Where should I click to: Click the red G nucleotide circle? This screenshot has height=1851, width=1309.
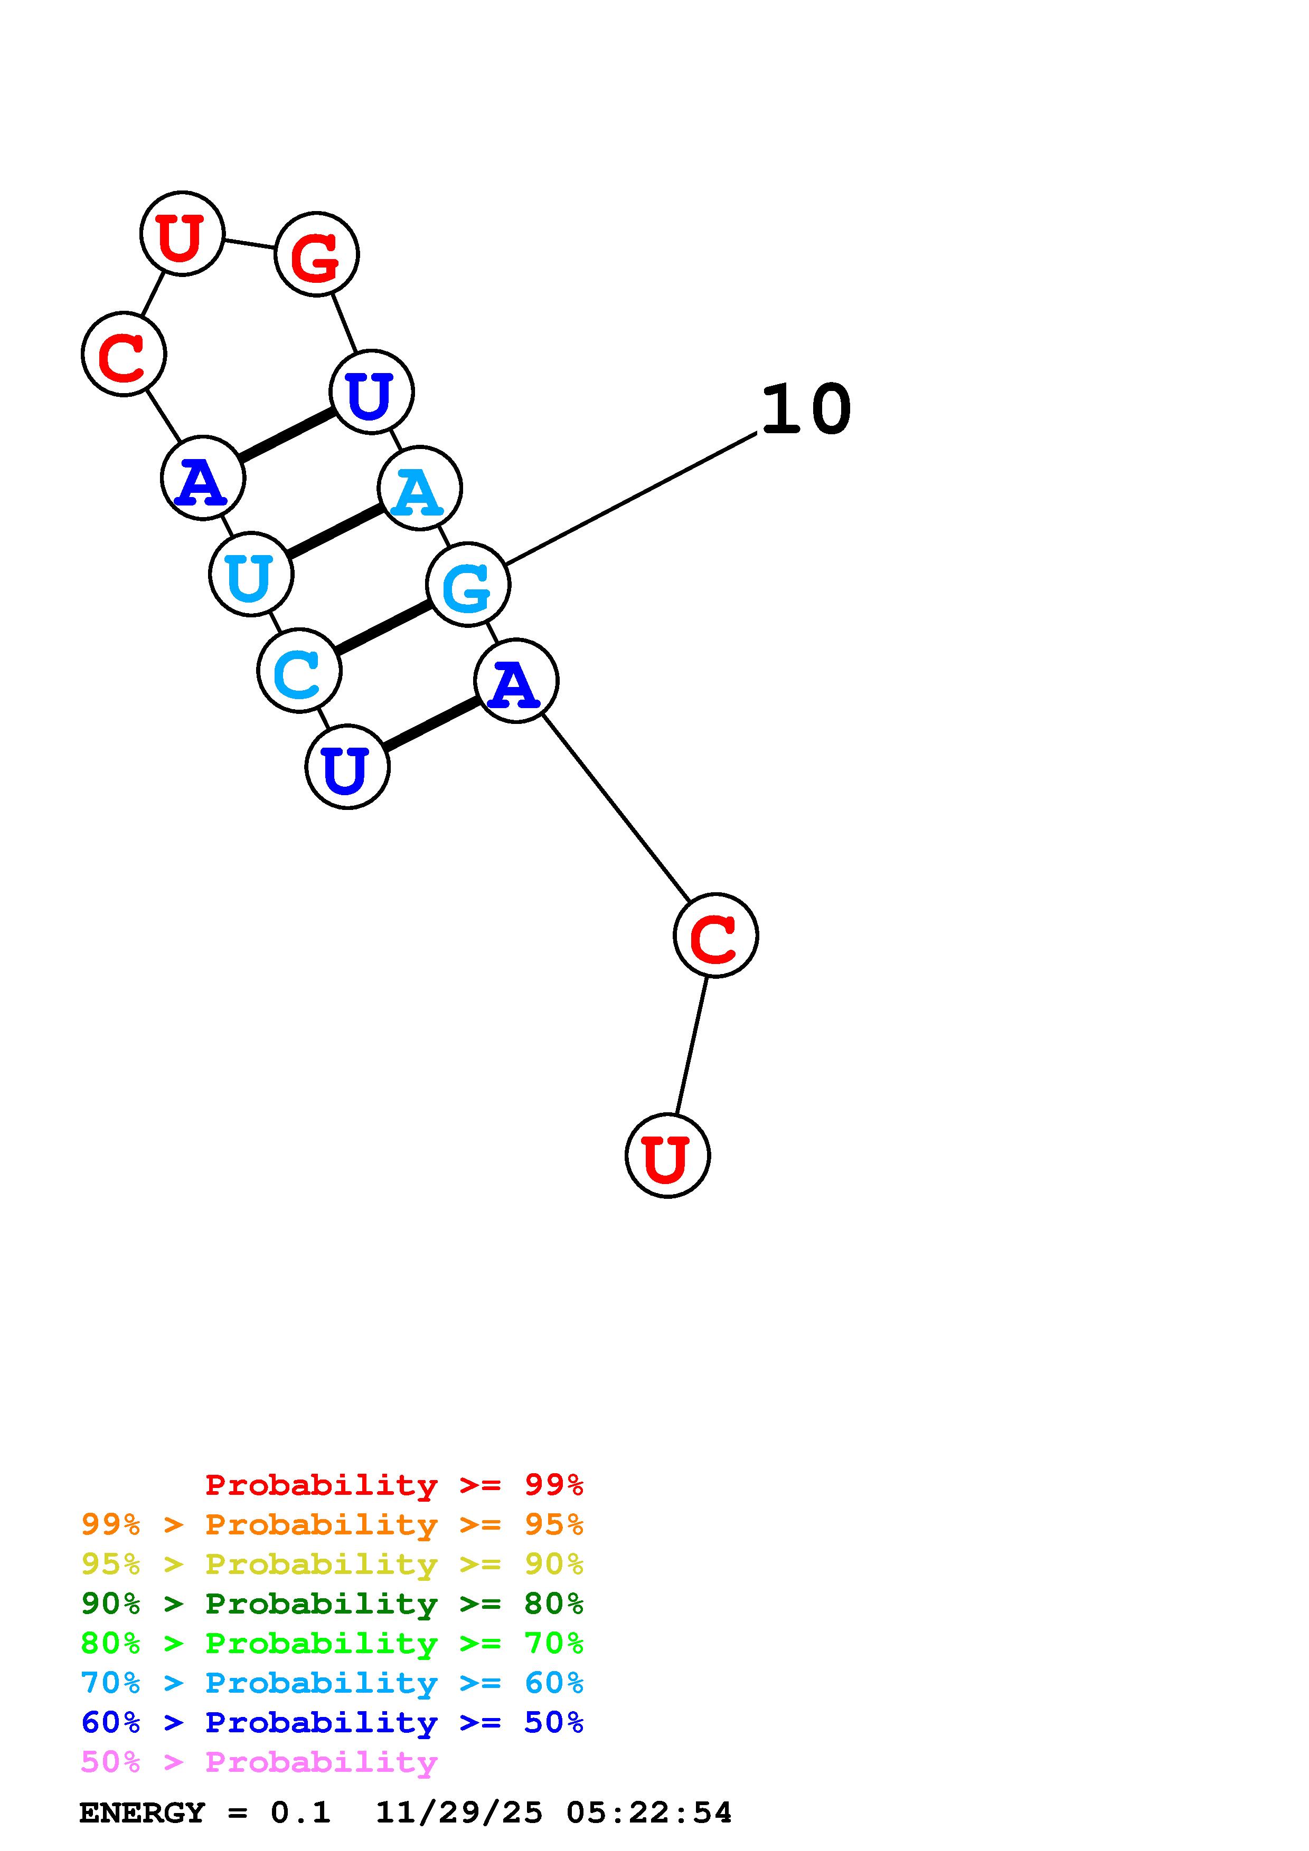316,255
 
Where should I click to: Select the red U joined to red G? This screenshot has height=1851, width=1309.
182,234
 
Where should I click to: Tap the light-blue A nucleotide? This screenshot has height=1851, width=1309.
419,489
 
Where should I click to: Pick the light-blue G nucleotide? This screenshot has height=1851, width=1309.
468,585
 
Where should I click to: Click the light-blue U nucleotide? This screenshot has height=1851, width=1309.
251,575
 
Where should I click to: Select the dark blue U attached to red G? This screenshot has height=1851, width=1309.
371,393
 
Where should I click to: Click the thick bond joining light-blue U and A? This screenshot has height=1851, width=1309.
335,531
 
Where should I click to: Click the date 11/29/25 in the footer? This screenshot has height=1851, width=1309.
458,1812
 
